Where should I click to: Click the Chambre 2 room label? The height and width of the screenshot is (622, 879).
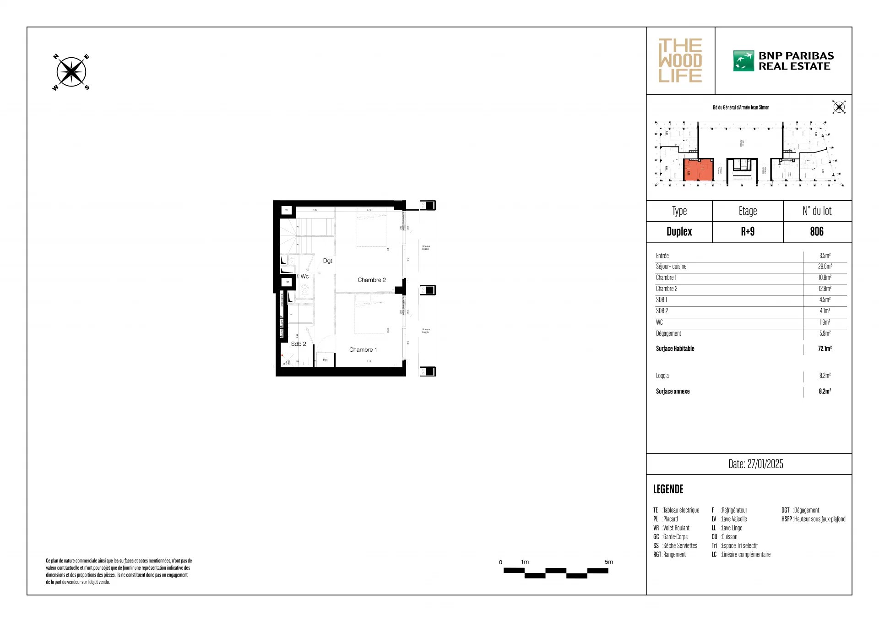click(371, 280)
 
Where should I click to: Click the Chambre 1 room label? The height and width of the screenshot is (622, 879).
click(363, 349)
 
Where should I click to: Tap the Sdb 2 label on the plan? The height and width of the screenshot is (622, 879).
click(298, 344)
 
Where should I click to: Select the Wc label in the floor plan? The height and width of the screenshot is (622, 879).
click(304, 277)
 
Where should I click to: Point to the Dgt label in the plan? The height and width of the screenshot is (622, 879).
click(327, 261)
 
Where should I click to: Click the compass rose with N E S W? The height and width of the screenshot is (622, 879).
click(71, 72)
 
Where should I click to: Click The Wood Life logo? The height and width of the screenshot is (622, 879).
click(680, 61)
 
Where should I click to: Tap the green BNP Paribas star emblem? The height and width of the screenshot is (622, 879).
click(743, 61)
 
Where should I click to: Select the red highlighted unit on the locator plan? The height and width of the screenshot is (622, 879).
click(699, 170)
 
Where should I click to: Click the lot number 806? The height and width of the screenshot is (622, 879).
click(817, 232)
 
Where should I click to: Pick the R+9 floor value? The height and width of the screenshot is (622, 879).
click(748, 232)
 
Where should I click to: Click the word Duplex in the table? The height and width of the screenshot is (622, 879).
click(679, 232)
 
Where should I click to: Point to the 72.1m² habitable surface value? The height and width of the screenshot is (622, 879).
click(825, 349)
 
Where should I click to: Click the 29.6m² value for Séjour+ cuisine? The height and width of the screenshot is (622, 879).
click(825, 267)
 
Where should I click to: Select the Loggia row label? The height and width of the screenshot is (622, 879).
click(662, 376)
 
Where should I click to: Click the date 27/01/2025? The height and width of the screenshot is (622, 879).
click(755, 464)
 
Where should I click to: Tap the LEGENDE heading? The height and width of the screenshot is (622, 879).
click(668, 489)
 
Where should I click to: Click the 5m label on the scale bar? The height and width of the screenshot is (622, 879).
click(608, 562)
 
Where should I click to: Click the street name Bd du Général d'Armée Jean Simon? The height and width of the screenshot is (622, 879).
click(741, 108)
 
